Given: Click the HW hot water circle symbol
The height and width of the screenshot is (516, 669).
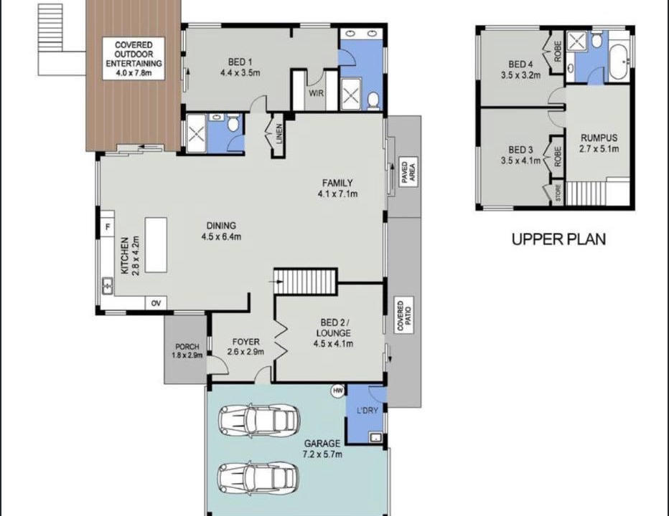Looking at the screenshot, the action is tap(338, 391).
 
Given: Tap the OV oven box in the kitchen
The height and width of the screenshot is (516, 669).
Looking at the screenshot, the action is tap(156, 303).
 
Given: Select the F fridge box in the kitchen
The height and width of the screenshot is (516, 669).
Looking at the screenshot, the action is tap(108, 226).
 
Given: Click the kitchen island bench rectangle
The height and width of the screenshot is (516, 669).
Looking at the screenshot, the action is tap(156, 244).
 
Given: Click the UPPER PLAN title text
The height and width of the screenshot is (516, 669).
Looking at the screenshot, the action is tap(558, 239).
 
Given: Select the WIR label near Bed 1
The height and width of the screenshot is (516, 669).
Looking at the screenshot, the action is tap(316, 93).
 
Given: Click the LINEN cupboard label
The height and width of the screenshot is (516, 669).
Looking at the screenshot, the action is tap(279, 134).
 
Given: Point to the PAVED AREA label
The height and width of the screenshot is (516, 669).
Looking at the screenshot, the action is tap(408, 172).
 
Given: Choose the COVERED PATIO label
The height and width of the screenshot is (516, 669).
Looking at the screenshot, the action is tap(403, 316).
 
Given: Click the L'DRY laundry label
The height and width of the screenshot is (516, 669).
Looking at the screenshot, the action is tap(367, 411).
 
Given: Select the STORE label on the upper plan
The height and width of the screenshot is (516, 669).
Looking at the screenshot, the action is tap(558, 193).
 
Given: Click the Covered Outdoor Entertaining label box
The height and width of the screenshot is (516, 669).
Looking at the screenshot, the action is tap(134, 59).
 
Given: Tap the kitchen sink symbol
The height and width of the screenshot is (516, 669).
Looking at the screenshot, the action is tap(107, 285).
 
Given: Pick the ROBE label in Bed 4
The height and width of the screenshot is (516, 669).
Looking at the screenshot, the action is tap(557, 51).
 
